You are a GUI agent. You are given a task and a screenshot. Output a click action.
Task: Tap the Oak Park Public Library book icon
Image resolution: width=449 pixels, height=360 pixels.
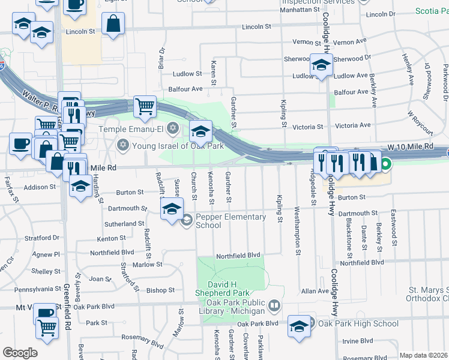pos(274,306)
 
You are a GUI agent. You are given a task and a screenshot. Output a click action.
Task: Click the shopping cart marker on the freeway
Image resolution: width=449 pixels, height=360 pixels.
pos(145,107)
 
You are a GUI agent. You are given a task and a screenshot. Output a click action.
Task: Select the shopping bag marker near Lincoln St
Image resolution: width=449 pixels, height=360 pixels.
pos(113,24)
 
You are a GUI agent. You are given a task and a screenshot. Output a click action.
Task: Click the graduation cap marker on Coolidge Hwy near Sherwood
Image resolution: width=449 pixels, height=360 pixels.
pos(321,65)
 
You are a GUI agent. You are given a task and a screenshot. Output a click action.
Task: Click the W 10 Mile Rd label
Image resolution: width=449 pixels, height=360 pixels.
pos(410,146)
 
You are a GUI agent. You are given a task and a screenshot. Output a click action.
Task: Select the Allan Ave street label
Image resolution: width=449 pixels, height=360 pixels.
pos(315,291)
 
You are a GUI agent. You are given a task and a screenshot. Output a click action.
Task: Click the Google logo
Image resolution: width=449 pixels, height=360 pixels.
pos(20,353)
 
